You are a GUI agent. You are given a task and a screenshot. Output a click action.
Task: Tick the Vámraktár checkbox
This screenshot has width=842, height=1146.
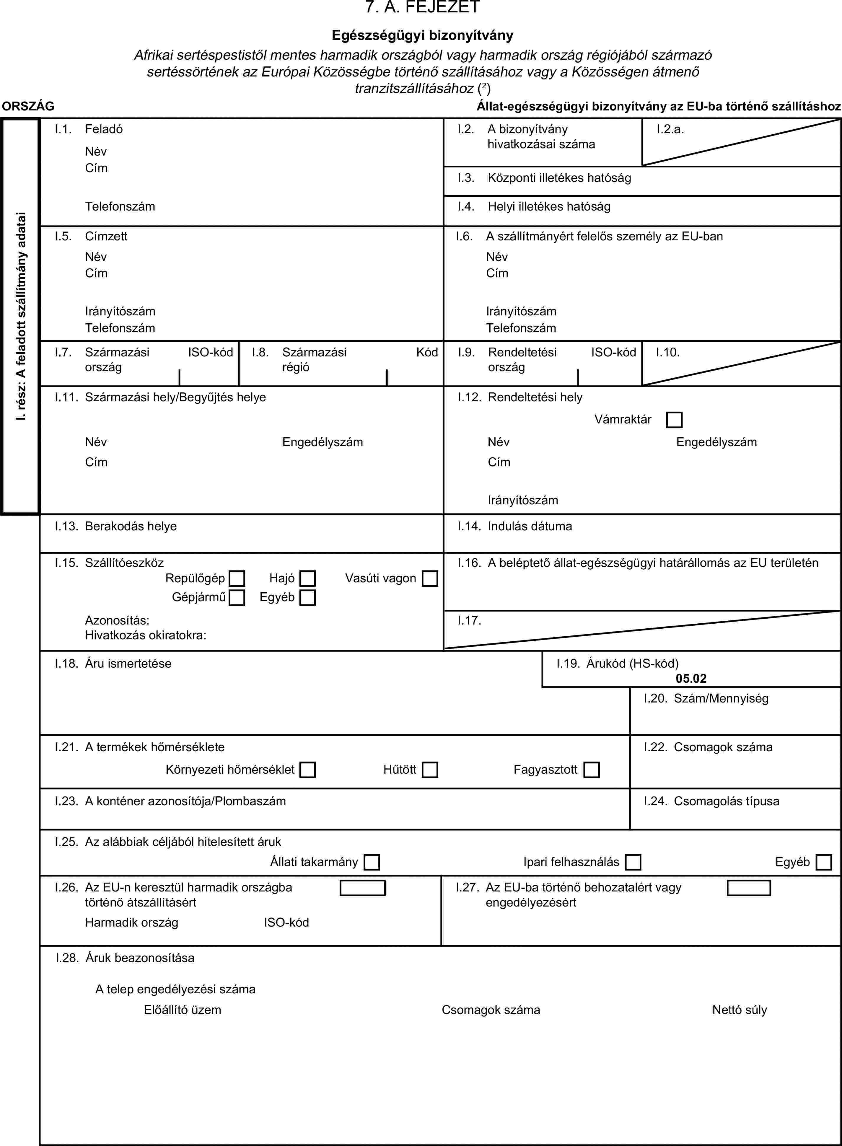click(x=674, y=420)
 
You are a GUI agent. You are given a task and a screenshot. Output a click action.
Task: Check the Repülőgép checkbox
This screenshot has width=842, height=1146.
click(x=237, y=578)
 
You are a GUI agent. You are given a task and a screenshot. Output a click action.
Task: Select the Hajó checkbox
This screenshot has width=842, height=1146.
click(x=307, y=578)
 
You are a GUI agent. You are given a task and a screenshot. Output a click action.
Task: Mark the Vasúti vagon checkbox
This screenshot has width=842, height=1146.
click(x=430, y=578)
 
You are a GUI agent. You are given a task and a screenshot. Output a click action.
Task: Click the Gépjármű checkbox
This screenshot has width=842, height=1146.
click(x=237, y=597)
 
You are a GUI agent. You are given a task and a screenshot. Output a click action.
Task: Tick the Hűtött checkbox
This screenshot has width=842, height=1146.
click(x=430, y=770)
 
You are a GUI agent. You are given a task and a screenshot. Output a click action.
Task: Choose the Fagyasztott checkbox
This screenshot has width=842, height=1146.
click(x=591, y=770)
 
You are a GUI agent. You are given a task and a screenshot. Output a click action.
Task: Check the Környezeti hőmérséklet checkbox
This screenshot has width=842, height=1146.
click(x=307, y=770)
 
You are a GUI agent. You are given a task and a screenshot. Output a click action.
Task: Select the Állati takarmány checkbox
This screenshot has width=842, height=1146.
click(x=372, y=862)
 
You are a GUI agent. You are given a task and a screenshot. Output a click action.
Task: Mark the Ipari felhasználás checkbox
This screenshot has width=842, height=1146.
click(x=633, y=862)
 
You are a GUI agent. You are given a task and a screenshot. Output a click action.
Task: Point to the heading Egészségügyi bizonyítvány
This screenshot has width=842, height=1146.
click(x=423, y=35)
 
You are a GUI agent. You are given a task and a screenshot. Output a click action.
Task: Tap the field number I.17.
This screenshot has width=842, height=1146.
click(x=469, y=620)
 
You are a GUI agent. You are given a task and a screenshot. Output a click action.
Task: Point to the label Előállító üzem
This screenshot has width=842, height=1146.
click(x=183, y=1010)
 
